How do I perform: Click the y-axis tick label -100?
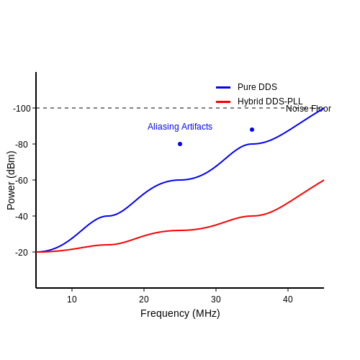(22, 109)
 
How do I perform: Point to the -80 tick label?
(22, 145)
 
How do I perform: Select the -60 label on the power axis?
(22, 181)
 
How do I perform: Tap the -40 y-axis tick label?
(22, 217)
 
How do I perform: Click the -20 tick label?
(22, 253)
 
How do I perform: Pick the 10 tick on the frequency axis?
(72, 300)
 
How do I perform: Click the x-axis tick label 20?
(144, 300)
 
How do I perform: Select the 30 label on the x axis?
(216, 300)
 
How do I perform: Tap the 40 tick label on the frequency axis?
(288, 300)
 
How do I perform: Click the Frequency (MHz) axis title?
(180, 313)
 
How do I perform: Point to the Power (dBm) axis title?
(11, 180)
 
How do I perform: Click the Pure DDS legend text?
(257, 87)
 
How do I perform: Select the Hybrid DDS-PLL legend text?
(270, 102)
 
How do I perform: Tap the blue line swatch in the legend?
(223, 87)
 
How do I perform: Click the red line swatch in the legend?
(223, 102)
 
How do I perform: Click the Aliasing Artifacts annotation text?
(180, 127)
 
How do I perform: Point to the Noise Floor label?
(308, 109)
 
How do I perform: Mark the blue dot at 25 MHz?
(180, 144)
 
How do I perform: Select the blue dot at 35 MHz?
(252, 130)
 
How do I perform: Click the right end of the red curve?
(324, 180)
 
